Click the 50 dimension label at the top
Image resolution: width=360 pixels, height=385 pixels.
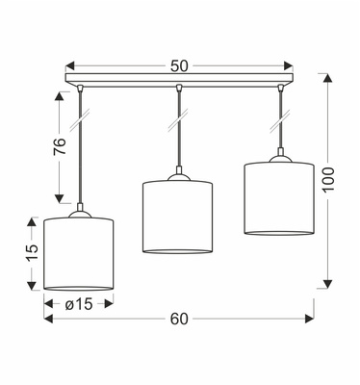click(179, 66)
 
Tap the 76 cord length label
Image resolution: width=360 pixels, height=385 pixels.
click(60, 146)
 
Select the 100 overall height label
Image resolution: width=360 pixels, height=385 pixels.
click(328, 179)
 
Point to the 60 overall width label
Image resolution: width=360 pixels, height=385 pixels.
click(179, 319)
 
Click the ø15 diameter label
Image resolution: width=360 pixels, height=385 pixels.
click(79, 304)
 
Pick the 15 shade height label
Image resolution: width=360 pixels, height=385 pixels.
click(32, 253)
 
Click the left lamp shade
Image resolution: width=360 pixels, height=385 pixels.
click(79, 254)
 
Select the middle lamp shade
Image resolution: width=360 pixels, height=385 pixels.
click(177, 218)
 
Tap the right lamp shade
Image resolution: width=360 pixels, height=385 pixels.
click(279, 198)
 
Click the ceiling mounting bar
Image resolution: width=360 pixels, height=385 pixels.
click(179, 79)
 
